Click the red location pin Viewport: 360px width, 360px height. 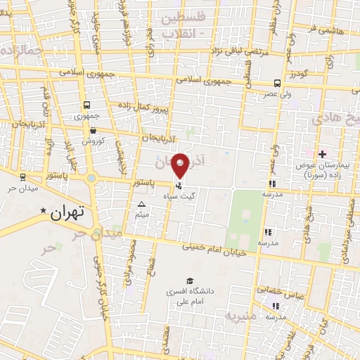(x=181, y=166)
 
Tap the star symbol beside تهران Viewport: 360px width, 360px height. (x=44, y=210)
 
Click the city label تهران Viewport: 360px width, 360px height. (x=68, y=211)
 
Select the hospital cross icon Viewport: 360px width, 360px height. (x=322, y=153)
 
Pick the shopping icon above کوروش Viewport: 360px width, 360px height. (x=93, y=129)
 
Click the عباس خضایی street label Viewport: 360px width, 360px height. (x=271, y=289)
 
